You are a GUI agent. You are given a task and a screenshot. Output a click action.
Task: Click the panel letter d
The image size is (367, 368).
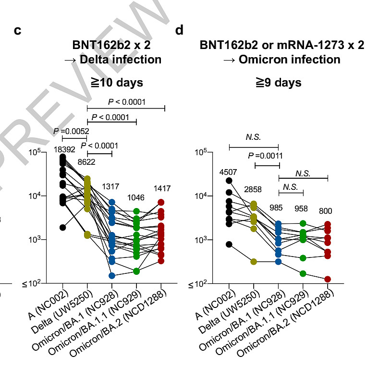coord(179,31)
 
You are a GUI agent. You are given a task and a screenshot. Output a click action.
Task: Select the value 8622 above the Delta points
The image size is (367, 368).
coord(86,162)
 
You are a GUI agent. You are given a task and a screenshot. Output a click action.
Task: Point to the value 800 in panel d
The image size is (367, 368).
coord(328,210)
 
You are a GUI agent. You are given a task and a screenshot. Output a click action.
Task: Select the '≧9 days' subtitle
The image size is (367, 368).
coord(278,83)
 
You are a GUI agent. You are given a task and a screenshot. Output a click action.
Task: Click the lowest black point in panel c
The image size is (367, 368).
coord(62,227)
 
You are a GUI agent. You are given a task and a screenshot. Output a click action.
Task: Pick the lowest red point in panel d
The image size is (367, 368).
coord(328,279)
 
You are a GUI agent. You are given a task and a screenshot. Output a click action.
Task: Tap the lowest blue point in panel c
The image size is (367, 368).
coord(111,276)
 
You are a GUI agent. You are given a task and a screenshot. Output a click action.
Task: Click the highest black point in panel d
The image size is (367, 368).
coord(230,180)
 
